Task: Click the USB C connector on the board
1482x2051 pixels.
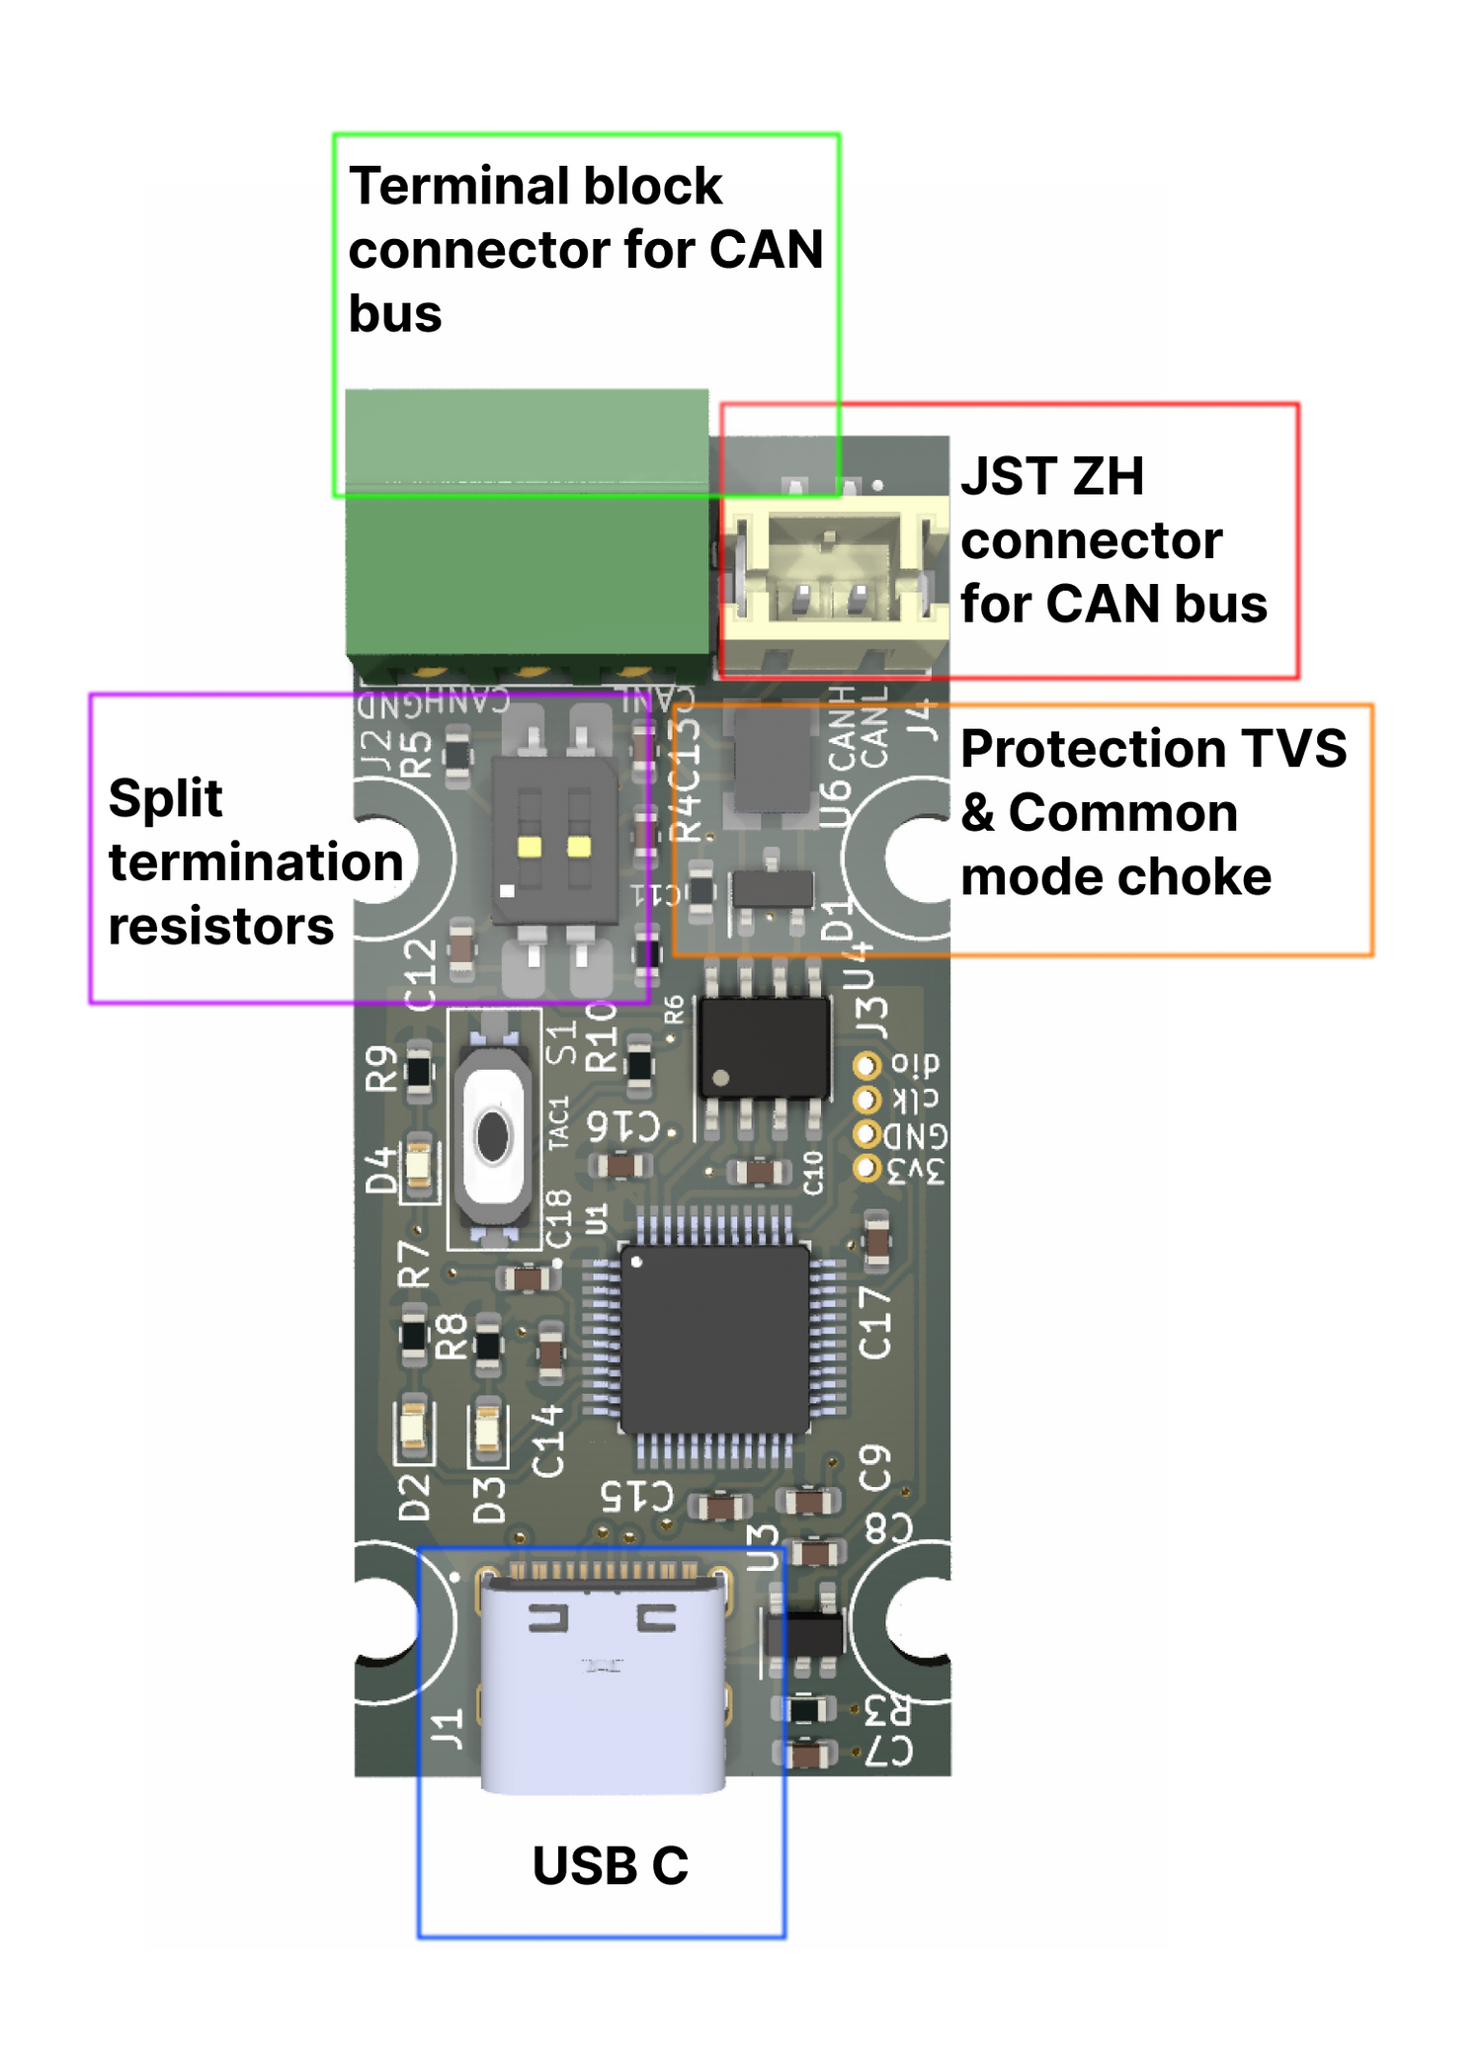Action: pos(602,1680)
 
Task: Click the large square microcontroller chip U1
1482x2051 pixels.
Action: pos(715,1339)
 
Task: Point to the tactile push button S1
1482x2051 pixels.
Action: pos(493,1136)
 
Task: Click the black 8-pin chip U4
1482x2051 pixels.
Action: pos(763,1047)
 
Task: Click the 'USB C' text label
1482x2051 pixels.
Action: pos(610,1865)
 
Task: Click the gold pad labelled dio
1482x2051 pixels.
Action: pos(866,1065)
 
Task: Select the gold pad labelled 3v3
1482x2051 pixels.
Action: pos(866,1169)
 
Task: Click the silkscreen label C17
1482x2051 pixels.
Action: pos(876,1322)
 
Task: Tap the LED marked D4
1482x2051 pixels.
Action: pos(418,1169)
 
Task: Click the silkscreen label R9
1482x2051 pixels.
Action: pos(382,1068)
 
